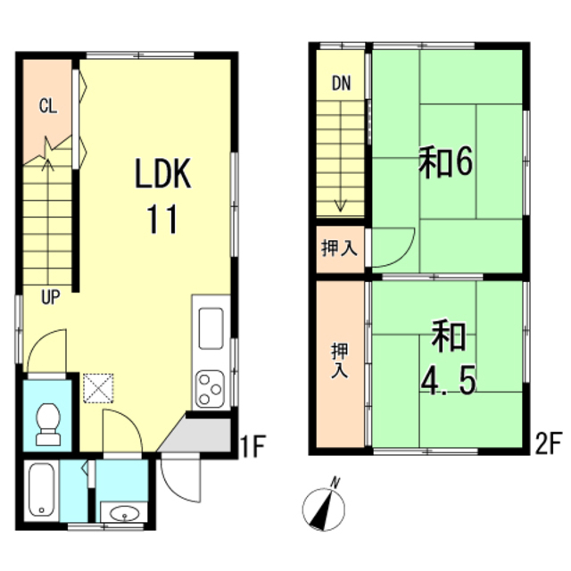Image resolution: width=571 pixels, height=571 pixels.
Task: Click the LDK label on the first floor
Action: click(162, 173)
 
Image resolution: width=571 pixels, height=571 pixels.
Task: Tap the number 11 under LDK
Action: click(162, 219)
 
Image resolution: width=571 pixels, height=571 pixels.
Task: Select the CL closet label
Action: click(48, 106)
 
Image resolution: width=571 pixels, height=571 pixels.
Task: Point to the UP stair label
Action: click(51, 297)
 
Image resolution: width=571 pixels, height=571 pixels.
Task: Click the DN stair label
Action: click(341, 83)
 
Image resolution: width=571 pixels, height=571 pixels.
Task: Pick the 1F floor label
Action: click(253, 446)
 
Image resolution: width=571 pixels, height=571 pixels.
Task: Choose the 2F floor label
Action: click(548, 443)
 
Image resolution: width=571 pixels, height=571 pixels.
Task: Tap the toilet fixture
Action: click(48, 425)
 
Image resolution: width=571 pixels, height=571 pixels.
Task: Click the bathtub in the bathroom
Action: click(41, 490)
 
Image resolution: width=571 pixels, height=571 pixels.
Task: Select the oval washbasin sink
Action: click(125, 514)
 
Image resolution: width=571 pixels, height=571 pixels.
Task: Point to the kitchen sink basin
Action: click(211, 328)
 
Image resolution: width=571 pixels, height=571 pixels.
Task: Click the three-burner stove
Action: click(211, 389)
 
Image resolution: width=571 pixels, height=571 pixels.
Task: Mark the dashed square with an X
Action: click(98, 388)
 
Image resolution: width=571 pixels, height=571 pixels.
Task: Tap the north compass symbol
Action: click(324, 506)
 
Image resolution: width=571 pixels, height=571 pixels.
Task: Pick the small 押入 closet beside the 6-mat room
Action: click(340, 249)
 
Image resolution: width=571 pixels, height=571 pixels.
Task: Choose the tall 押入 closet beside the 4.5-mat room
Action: click(340, 364)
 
